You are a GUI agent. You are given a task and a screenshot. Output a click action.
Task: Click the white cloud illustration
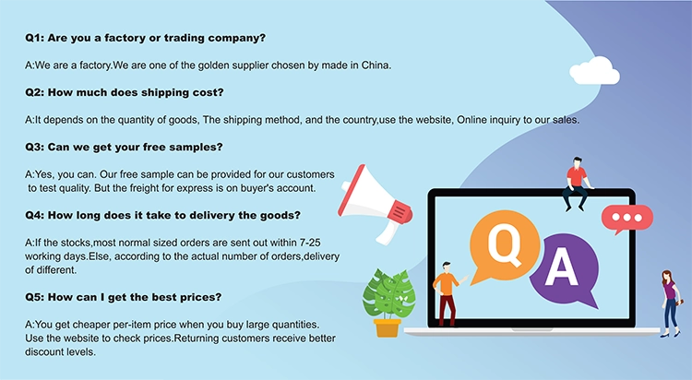pyautogui.click(x=594, y=71)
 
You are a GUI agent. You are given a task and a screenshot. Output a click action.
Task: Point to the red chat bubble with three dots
pyautogui.click(x=626, y=218)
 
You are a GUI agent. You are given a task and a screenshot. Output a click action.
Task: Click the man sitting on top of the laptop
pyautogui.click(x=576, y=184)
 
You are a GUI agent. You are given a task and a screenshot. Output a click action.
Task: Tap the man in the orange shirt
pyautogui.click(x=447, y=293)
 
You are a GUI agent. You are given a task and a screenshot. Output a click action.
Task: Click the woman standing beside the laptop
pyautogui.click(x=671, y=303)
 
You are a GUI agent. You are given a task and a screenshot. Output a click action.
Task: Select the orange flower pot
pyautogui.click(x=387, y=327)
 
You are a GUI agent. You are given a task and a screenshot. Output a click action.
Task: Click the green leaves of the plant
pyautogui.click(x=388, y=292)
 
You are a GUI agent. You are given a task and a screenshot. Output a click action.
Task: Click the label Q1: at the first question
pyautogui.click(x=34, y=39)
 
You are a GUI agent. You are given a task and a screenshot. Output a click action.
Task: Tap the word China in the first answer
pyautogui.click(x=376, y=65)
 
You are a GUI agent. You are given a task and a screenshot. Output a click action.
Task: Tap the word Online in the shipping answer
pyautogui.click(x=472, y=120)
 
